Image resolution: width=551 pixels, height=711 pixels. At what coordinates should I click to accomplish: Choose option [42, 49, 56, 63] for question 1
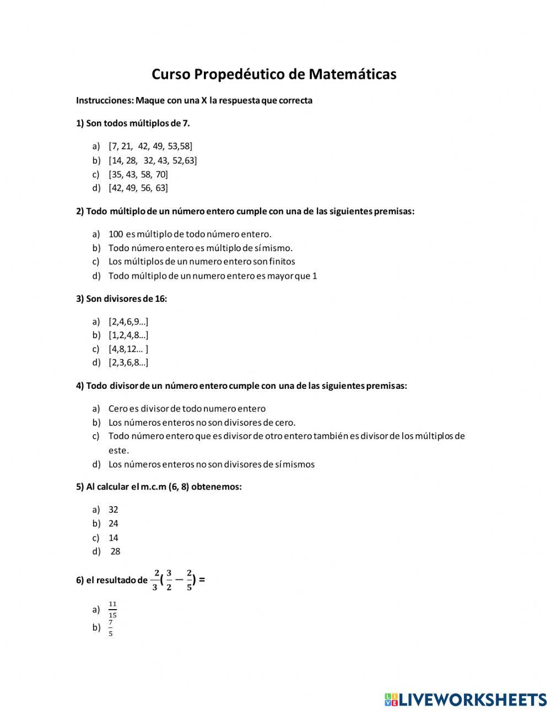(x=138, y=188)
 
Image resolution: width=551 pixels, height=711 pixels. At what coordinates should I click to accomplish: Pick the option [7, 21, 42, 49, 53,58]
(x=150, y=146)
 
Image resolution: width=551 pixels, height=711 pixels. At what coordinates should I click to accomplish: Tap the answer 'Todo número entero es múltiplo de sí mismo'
(x=201, y=248)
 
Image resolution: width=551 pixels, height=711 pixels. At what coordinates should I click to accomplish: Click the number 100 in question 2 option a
(x=116, y=234)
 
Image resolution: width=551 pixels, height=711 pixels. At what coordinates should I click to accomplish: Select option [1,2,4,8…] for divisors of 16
(x=128, y=335)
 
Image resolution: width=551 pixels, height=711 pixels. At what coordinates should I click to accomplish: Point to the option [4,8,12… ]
(x=128, y=349)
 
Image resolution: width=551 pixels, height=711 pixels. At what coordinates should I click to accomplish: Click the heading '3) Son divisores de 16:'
(x=121, y=298)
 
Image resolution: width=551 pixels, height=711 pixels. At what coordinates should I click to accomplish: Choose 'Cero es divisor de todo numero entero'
(x=187, y=409)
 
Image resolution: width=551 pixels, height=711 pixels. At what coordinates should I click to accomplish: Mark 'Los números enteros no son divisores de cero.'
(x=202, y=422)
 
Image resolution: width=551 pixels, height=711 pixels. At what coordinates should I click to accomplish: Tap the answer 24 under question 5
(x=114, y=523)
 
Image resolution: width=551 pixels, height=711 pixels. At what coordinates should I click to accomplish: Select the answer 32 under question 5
(x=114, y=509)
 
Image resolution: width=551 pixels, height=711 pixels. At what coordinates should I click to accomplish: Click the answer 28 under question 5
(x=115, y=551)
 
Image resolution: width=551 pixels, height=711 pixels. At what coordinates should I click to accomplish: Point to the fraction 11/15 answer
(x=112, y=609)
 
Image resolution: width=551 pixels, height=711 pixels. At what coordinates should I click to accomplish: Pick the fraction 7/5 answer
(x=111, y=628)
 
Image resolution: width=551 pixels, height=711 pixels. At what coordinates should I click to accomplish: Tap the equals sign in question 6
(x=202, y=579)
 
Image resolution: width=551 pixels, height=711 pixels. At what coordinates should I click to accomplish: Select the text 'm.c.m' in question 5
(x=154, y=486)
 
